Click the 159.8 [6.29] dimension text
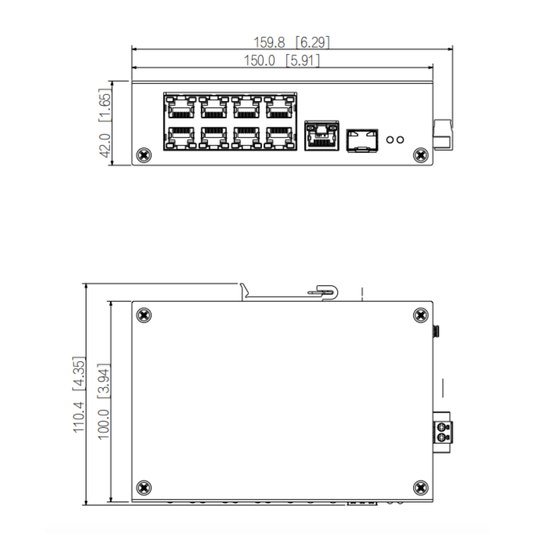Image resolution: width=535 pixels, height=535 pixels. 292,42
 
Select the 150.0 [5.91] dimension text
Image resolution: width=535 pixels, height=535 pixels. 282,61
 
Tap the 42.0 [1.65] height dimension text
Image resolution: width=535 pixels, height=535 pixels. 104,123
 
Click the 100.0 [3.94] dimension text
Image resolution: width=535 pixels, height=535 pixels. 104,402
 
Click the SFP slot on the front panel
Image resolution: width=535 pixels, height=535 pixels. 362,140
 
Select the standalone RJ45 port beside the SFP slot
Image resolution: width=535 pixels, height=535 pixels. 322,135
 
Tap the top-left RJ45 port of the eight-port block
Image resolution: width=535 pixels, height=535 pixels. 181,107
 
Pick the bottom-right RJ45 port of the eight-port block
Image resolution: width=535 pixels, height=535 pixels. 279,138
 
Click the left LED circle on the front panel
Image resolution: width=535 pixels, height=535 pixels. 390,139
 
